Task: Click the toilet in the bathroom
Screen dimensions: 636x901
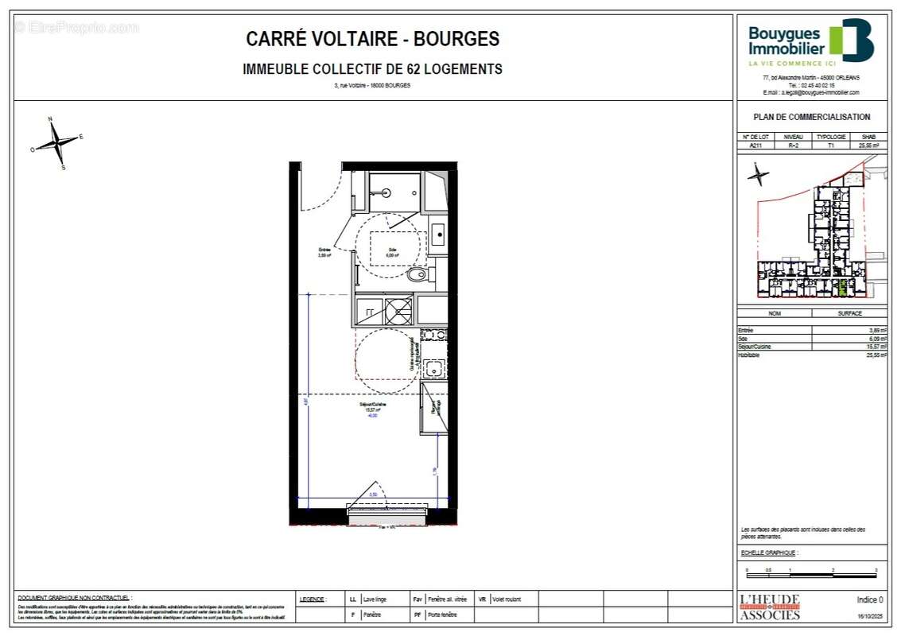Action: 417,275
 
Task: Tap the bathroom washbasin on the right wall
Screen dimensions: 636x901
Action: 437,235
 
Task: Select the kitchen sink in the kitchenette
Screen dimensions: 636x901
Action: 433,368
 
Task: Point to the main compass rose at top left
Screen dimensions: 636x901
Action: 56,143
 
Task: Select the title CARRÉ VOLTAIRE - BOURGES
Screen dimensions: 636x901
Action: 372,39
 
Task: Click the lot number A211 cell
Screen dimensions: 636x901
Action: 755,145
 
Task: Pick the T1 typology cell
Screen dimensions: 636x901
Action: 831,145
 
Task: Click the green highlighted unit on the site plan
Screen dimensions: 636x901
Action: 844,287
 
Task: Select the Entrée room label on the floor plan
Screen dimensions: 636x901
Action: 324,253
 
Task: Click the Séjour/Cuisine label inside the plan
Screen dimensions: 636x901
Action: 373,405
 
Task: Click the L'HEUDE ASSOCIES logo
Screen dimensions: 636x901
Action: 770,607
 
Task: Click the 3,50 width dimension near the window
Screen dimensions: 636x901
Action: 374,495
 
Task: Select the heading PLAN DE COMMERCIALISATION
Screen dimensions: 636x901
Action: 811,117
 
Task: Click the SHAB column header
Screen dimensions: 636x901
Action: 868,137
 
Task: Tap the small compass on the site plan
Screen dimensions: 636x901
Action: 758,174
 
